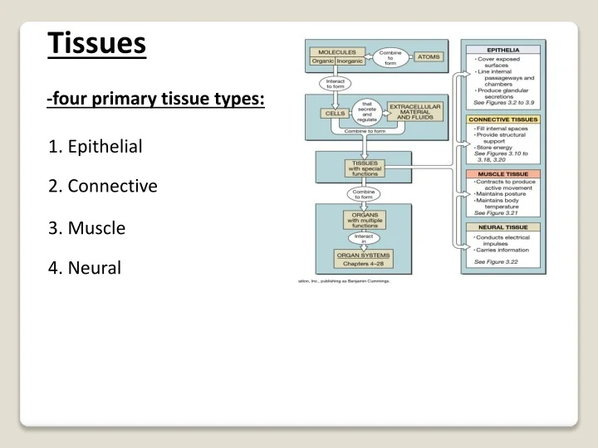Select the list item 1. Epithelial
point(96,148)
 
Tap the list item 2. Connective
point(103,186)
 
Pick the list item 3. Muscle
point(87,226)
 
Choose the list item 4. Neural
point(85,267)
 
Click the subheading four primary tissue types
point(156,100)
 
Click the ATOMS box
point(429,56)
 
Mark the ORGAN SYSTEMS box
point(363,255)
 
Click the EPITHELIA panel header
point(503,50)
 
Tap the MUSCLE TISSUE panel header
point(504,174)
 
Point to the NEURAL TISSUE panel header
point(504,226)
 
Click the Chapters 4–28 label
point(363,265)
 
